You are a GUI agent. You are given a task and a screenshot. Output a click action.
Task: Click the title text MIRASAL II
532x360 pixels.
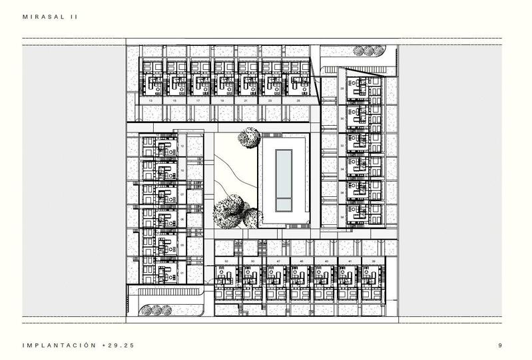tap(50, 17)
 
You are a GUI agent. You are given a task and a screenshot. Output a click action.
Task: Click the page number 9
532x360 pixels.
tap(500, 345)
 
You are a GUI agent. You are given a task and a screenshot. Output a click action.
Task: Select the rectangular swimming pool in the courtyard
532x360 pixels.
tap(284, 178)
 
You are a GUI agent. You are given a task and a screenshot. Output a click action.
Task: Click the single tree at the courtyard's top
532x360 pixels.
tap(249, 138)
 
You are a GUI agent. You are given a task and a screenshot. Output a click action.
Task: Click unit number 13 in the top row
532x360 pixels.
tap(151, 100)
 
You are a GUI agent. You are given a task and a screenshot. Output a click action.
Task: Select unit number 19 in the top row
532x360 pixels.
tap(222, 100)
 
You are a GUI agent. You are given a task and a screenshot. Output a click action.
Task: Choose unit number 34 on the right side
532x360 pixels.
tap(342, 169)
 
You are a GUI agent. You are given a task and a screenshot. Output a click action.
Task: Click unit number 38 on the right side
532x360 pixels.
tap(342, 216)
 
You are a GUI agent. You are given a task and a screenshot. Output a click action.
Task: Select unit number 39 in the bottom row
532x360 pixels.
tap(374, 262)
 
